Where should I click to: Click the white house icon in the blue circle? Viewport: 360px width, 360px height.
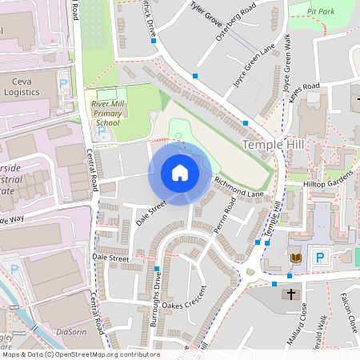pos(180,173)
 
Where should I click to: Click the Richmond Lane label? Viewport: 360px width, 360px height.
pos(238,188)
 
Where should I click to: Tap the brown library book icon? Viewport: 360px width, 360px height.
pos(296,258)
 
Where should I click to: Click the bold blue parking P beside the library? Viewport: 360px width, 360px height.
pos(320,258)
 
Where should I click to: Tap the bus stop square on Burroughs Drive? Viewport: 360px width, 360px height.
pos(157,270)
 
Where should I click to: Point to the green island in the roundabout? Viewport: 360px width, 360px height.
pos(250,272)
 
